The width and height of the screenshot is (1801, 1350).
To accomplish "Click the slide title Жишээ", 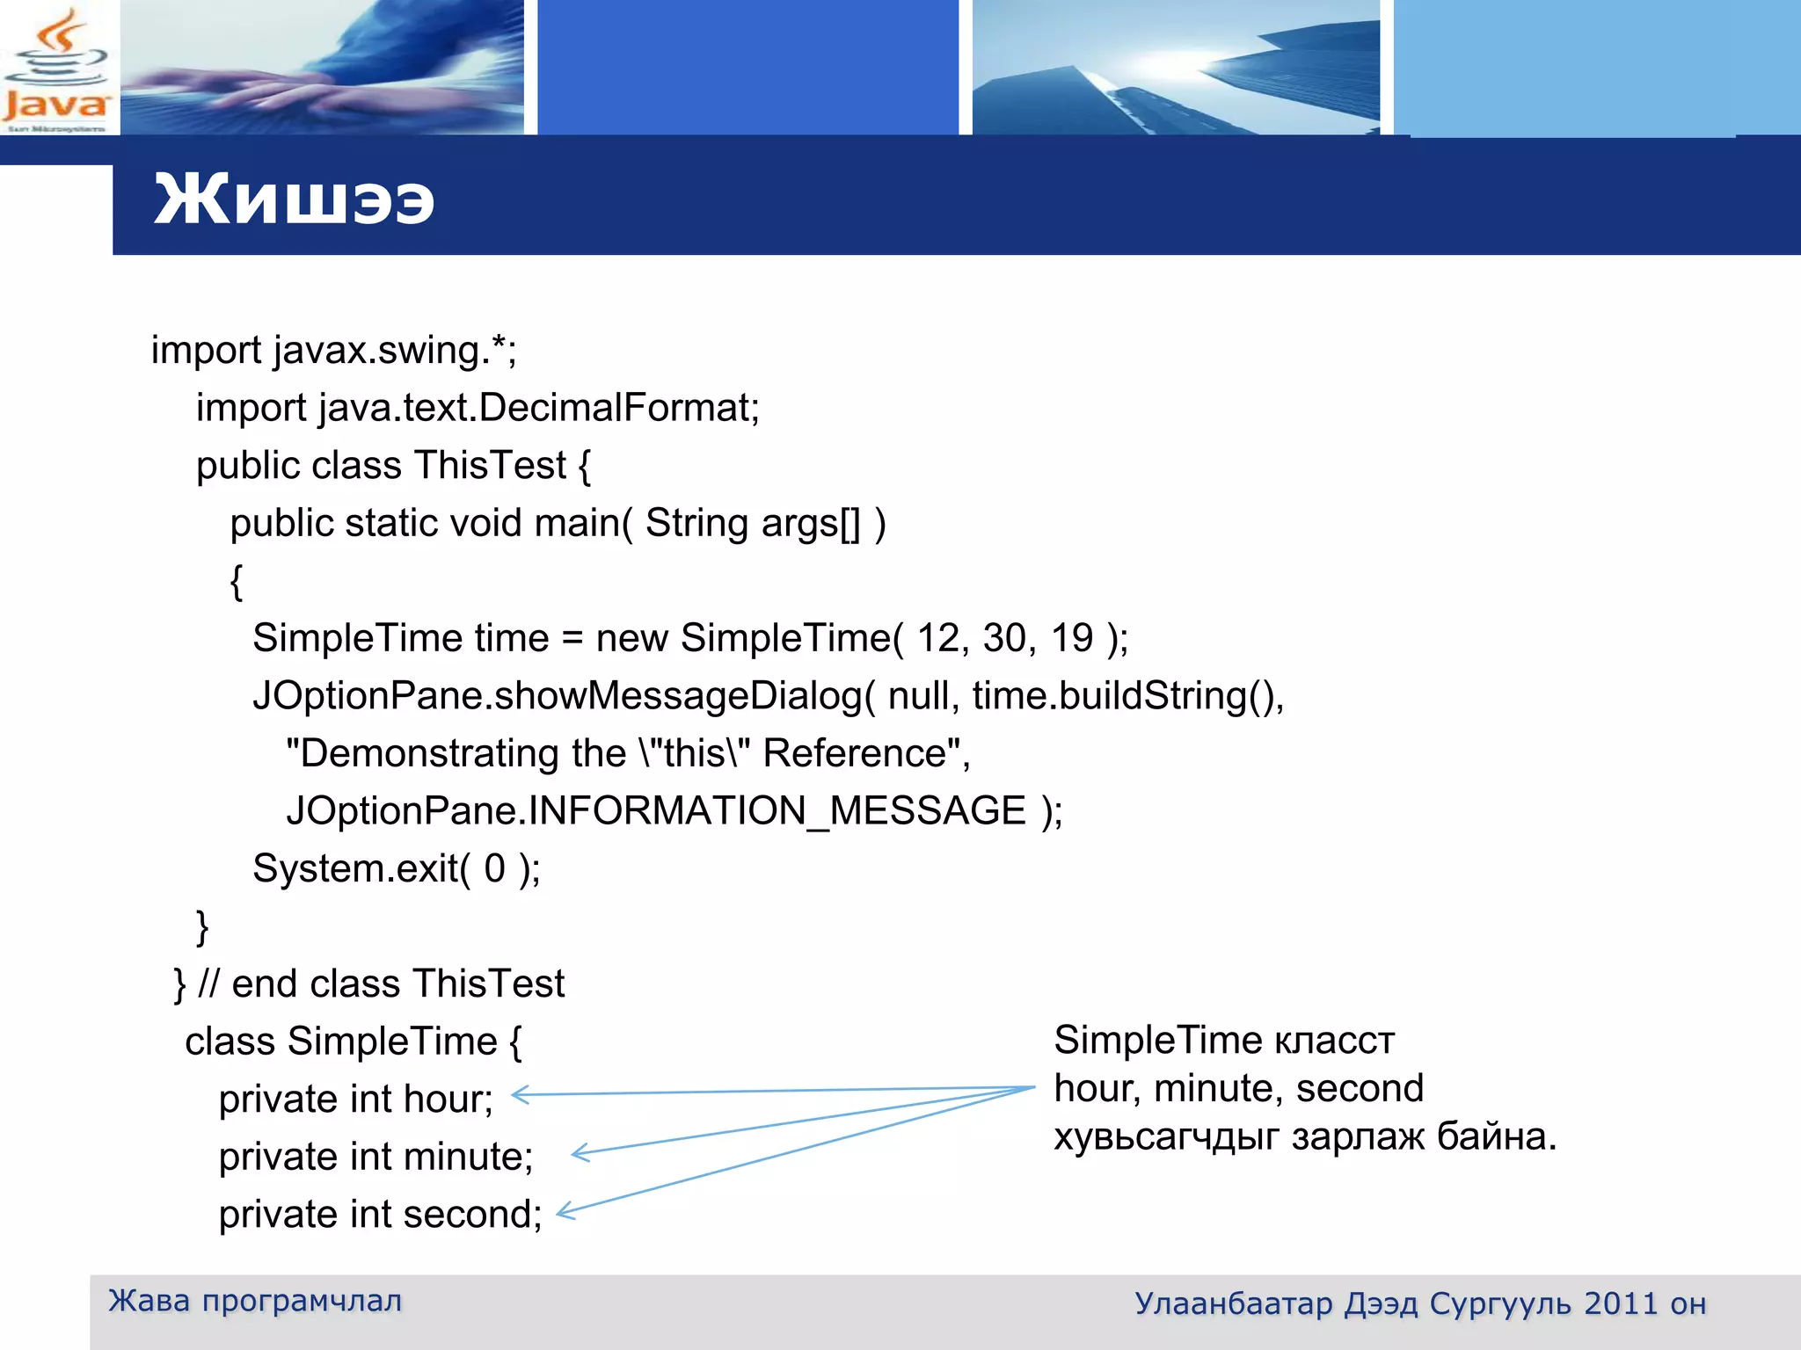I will click(294, 200).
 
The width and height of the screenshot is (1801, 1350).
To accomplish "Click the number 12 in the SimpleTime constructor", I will click(937, 638).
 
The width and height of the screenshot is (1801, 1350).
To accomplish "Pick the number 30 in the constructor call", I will click(1004, 638).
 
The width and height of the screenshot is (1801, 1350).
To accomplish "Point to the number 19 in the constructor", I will click(1072, 638).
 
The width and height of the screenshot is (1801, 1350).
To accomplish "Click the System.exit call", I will click(396, 868).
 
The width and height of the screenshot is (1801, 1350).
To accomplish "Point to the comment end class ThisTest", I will click(397, 983).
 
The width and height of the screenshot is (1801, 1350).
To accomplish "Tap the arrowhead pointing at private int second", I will click(565, 1213).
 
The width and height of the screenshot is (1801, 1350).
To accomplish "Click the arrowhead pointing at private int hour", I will click(520, 1095).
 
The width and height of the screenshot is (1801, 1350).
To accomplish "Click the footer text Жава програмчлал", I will click(255, 1301).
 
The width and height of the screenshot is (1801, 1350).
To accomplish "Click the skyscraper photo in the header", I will click(1176, 69).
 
